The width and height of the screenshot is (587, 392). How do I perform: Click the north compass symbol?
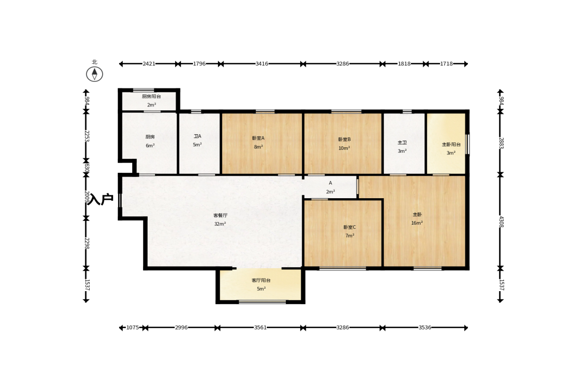point(94,74)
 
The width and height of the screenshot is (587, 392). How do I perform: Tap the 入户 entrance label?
point(101,199)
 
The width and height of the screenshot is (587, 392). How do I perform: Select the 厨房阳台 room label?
point(151,96)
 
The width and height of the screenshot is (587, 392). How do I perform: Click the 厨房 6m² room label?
point(150,141)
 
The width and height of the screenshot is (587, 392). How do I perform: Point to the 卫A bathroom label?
point(197,136)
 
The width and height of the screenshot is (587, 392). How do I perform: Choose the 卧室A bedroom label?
point(258,138)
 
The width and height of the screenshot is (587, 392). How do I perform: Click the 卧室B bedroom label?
point(345,139)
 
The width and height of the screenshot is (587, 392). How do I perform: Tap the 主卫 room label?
point(402,142)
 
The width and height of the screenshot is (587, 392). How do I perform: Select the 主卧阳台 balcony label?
point(451,144)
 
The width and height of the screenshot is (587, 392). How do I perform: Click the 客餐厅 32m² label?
point(220,220)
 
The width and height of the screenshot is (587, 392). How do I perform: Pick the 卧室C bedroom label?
point(350,227)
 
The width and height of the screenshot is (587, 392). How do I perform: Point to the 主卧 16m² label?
point(417,219)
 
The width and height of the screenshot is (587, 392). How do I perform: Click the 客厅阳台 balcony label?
point(261,280)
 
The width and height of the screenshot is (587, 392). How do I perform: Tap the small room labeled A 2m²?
point(330,187)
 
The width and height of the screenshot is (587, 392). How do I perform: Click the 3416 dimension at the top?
point(262,64)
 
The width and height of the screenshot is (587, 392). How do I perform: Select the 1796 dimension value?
point(199,64)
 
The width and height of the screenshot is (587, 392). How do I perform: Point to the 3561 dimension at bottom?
point(260,328)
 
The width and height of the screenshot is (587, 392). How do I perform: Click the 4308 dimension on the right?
point(501,222)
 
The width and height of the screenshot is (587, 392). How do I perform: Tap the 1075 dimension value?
point(133,328)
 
